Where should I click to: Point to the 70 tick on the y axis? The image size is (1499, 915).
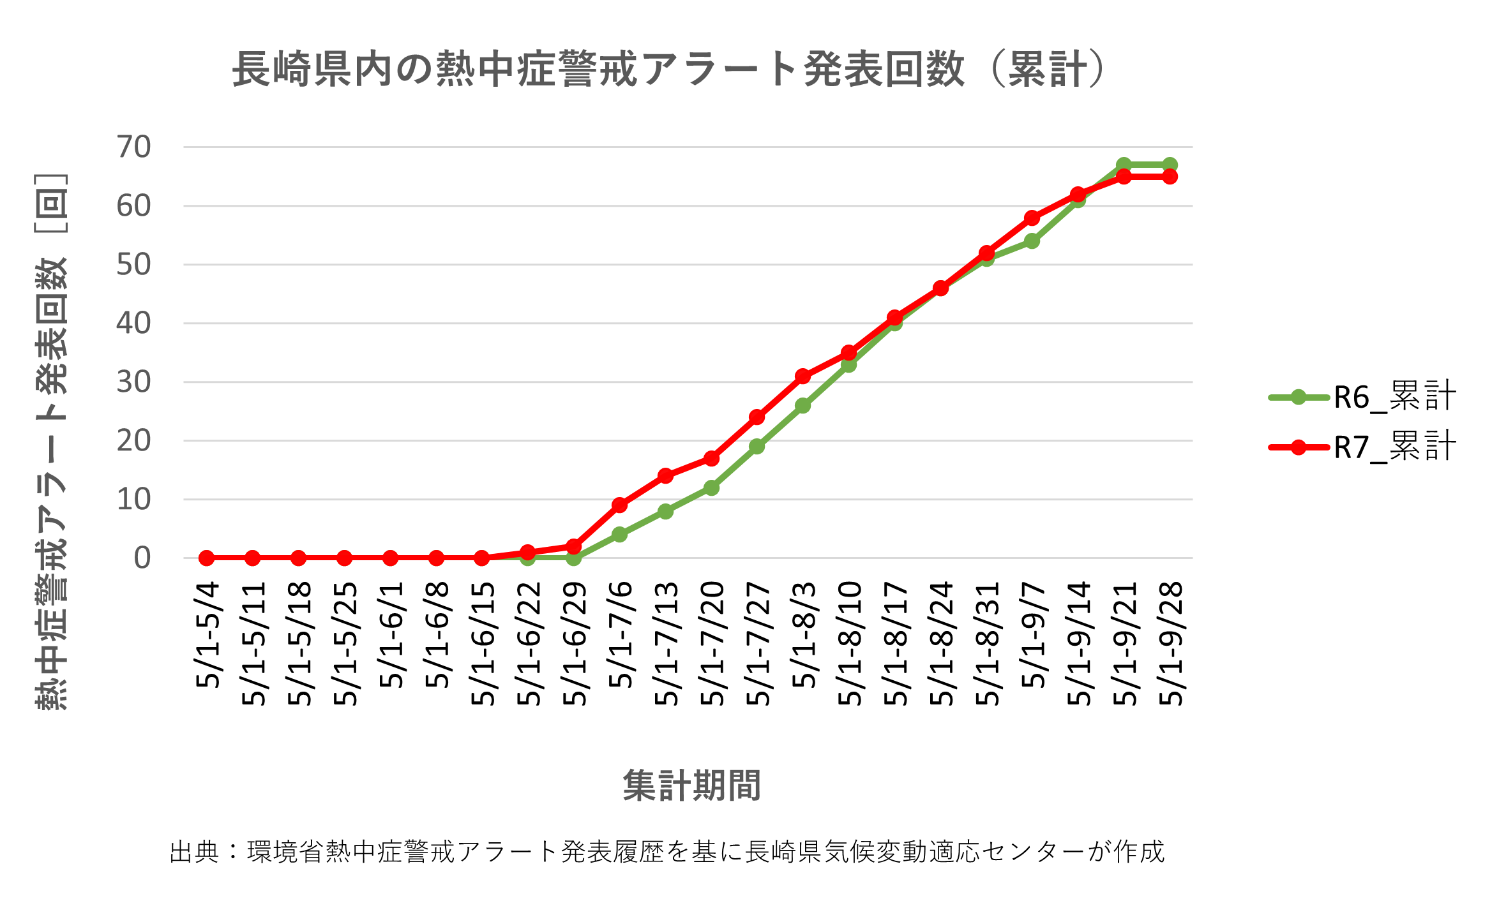coord(133,147)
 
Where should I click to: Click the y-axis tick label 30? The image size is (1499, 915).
coord(133,382)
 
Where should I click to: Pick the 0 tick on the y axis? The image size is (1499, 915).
coord(142,558)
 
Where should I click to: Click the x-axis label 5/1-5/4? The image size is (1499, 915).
coord(207,634)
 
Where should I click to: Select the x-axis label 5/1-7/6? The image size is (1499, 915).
coord(620,634)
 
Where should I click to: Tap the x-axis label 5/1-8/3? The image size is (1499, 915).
coord(803,634)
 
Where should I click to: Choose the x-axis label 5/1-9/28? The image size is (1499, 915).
coord(1170,643)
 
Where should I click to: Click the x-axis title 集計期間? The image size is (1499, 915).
coord(691,785)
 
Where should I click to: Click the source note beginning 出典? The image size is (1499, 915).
coord(667,852)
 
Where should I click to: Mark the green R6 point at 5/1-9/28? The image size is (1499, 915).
coord(1170,165)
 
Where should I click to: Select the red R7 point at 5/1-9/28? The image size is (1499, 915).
coord(1170,177)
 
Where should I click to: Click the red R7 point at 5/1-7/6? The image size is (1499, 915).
coord(619,505)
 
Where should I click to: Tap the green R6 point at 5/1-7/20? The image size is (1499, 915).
coord(711,488)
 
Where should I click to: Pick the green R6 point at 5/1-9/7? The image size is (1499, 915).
coord(1032,241)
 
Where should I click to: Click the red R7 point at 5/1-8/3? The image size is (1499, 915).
coord(803,376)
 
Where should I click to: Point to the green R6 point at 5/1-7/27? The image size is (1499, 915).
coord(757,447)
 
